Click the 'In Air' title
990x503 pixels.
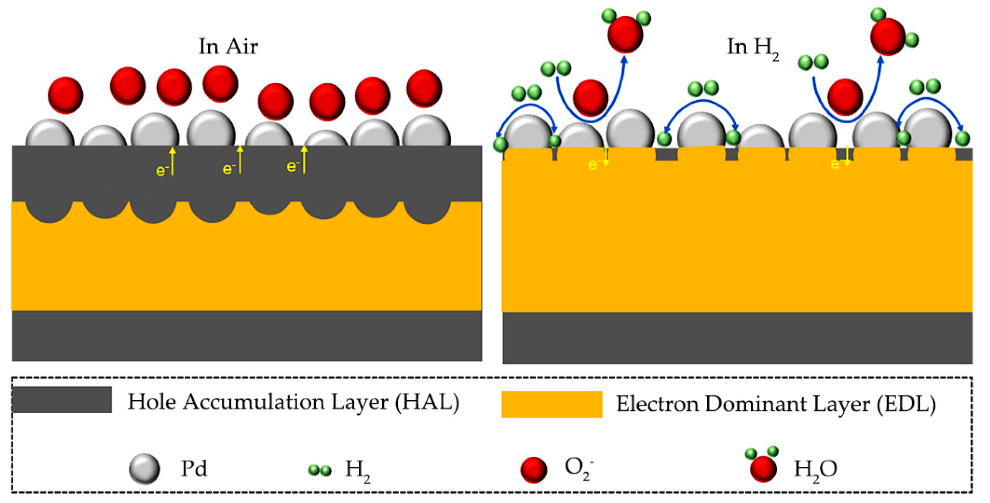pos(228,46)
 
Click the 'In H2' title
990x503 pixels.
pos(752,48)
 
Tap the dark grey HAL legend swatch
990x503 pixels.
pos(62,400)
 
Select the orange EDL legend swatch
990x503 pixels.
pos(551,404)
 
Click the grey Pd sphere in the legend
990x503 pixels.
pos(144,469)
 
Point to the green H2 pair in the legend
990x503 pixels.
pos(320,470)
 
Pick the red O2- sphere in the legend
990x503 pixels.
pos(534,470)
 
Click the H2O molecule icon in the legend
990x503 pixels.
pos(763,466)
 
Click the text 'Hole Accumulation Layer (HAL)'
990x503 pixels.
pos(293,402)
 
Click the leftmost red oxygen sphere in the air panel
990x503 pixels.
pos(65,95)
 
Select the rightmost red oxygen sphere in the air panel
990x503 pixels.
pos(424,88)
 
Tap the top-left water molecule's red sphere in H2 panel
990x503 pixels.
pos(625,34)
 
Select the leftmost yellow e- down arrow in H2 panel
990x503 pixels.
pos(606,157)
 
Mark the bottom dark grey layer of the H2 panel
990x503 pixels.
pos(737,338)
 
